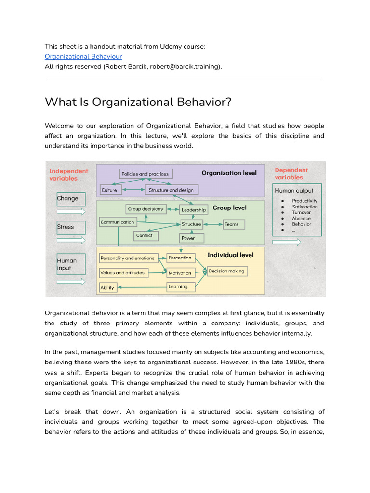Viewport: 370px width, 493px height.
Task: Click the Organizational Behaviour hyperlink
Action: click(x=83, y=56)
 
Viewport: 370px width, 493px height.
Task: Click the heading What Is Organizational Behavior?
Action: click(x=138, y=102)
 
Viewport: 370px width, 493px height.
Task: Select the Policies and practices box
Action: click(x=145, y=174)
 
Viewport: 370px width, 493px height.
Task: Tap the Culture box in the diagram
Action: click(x=109, y=190)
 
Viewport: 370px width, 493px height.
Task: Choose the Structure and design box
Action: click(x=171, y=190)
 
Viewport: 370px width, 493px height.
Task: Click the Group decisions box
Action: click(x=145, y=209)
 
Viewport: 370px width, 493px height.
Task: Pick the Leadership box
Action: click(x=194, y=210)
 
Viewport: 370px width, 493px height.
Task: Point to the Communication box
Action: click(x=118, y=222)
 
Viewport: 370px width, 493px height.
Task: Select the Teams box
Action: click(x=234, y=224)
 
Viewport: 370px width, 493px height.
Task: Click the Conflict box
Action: click(x=145, y=236)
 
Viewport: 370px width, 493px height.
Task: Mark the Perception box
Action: click(x=180, y=258)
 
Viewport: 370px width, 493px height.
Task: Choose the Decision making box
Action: click(x=226, y=272)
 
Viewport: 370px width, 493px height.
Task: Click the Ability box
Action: click(x=107, y=288)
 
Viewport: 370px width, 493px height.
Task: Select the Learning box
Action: click(x=180, y=287)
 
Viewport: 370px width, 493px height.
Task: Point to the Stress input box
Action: click(x=71, y=227)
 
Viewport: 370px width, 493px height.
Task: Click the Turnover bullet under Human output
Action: click(x=301, y=212)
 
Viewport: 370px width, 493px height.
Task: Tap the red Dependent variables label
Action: click(x=291, y=174)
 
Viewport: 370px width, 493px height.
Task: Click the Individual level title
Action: click(x=230, y=255)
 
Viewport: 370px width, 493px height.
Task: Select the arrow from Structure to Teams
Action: click(x=212, y=224)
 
